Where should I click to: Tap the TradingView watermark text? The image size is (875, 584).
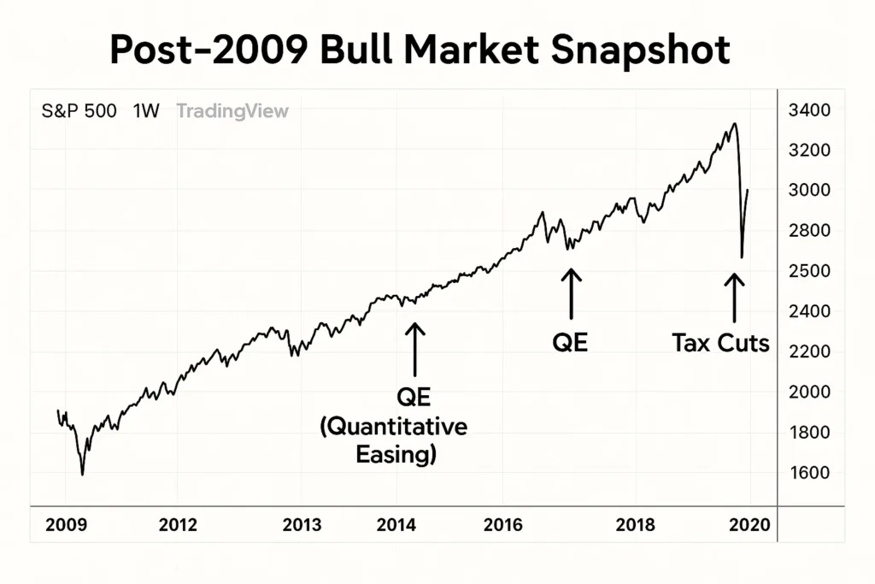232,111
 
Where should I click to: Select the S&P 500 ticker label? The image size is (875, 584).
79,111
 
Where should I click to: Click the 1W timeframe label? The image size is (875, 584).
146,111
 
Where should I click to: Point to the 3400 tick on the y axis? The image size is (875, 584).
811,110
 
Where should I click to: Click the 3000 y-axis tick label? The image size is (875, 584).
811,190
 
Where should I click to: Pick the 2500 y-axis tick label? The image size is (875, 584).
811,271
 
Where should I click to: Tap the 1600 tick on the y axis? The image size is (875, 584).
811,473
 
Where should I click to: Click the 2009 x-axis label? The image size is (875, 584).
65,525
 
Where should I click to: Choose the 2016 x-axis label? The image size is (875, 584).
502,525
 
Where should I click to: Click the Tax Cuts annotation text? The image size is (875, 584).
720,344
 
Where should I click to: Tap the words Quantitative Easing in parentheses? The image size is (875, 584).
394,440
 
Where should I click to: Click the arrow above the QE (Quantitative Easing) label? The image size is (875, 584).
414,349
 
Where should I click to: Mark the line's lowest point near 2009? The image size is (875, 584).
82,474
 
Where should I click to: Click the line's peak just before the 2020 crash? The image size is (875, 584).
734,125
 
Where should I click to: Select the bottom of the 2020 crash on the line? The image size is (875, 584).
741,257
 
